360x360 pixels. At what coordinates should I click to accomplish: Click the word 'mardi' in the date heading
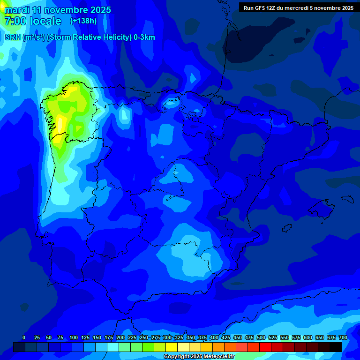pyautogui.click(x=17, y=10)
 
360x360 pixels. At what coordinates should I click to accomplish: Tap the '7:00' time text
pyautogui.click(x=15, y=21)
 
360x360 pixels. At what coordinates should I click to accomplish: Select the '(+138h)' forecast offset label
pyautogui.click(x=83, y=21)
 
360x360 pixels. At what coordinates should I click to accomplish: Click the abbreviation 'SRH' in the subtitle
pyautogui.click(x=13, y=37)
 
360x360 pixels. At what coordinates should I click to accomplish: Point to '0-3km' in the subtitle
pyautogui.click(x=144, y=37)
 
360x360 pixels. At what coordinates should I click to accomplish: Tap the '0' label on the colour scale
pyautogui.click(x=24, y=337)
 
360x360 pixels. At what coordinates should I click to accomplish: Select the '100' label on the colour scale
pyautogui.click(x=74, y=337)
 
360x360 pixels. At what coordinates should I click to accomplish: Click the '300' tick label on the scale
pyautogui.click(x=167, y=337)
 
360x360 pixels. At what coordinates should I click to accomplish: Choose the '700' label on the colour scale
pyautogui.click(x=343, y=337)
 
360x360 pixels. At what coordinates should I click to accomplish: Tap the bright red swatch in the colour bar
pyautogui.click(x=265, y=347)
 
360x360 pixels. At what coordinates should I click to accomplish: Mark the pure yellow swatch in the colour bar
pyautogui.click(x=172, y=347)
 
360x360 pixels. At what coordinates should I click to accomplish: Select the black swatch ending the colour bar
pyautogui.click(x=336, y=347)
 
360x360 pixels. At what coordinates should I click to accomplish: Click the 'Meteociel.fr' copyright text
pyautogui.click(x=216, y=357)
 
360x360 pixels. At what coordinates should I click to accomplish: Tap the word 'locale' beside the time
pyautogui.click(x=45, y=21)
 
